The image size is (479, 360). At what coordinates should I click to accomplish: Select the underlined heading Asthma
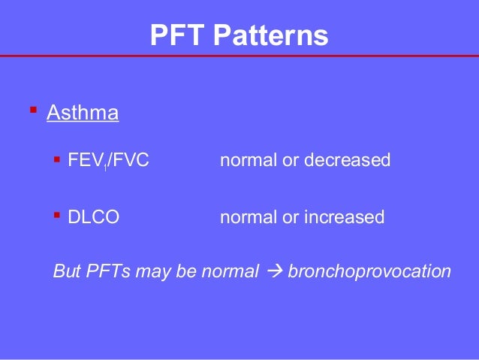click(83, 113)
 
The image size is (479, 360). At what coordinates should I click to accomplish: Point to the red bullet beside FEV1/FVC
click(57, 159)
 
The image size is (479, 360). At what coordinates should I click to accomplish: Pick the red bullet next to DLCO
click(57, 216)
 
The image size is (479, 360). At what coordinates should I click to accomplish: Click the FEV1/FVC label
click(107, 160)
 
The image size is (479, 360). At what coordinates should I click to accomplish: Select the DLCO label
click(93, 217)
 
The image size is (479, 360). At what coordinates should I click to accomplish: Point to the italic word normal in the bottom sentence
click(230, 271)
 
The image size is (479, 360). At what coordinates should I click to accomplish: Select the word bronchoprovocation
click(370, 271)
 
